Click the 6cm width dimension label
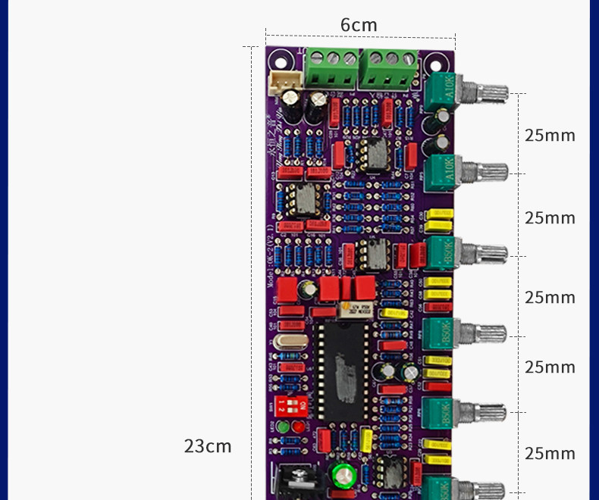pyautogui.click(x=359, y=25)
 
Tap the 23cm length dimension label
pyautogui.click(x=208, y=445)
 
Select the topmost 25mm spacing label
pyautogui.click(x=550, y=136)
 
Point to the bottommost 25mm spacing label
pyautogui.click(x=550, y=453)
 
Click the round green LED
pyautogui.click(x=284, y=427)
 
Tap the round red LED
pyautogui.click(x=297, y=427)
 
